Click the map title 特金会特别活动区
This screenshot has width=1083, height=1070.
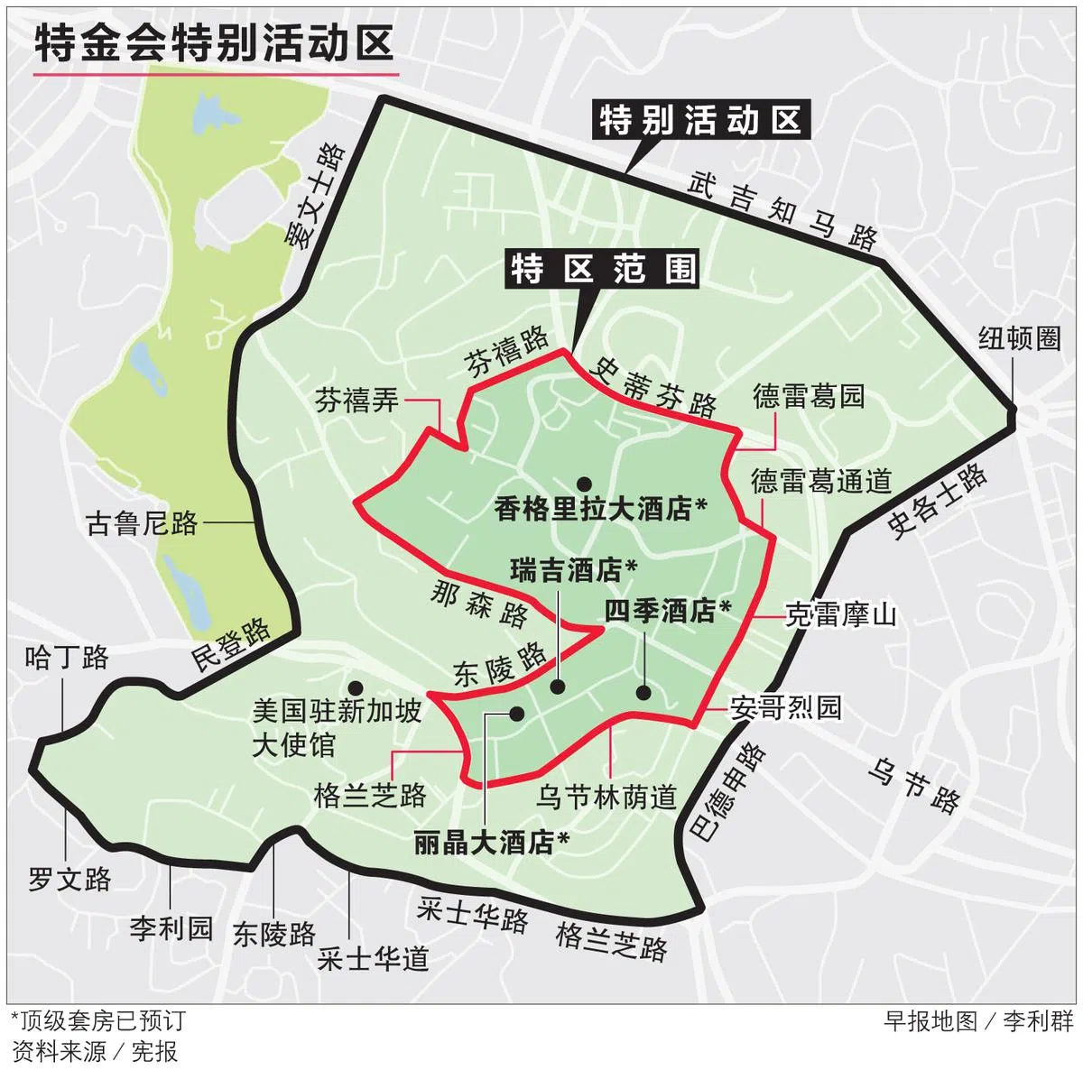(x=214, y=42)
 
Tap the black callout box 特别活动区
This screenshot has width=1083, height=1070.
(x=699, y=120)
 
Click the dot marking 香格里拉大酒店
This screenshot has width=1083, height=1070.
(x=584, y=483)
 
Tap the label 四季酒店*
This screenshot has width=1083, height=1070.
(x=667, y=611)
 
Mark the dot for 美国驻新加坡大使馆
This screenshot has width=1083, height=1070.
(x=356, y=687)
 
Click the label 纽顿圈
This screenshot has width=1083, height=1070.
(x=1019, y=340)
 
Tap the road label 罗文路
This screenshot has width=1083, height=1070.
(x=69, y=879)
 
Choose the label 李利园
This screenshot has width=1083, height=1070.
(x=171, y=928)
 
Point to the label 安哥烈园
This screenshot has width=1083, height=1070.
(x=786, y=706)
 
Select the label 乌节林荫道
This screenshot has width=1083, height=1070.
(x=606, y=797)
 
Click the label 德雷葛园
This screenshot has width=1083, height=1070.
(x=809, y=396)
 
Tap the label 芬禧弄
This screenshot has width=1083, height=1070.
(x=356, y=400)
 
